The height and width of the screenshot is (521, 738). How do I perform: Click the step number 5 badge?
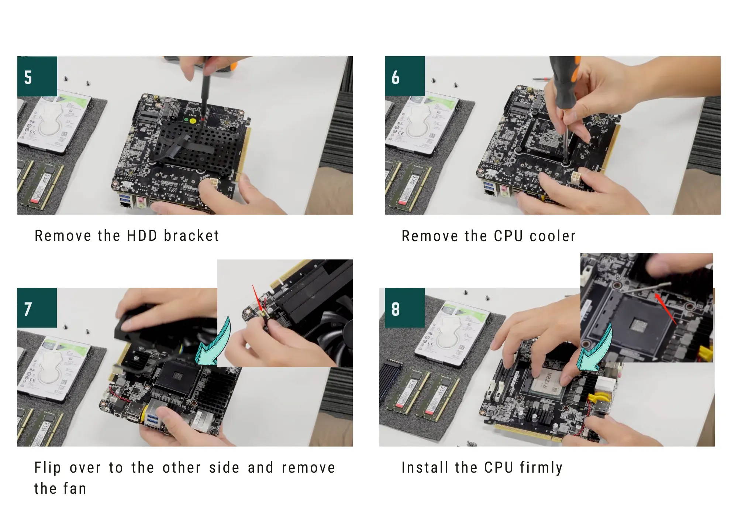37,76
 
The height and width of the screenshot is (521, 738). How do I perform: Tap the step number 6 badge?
405,76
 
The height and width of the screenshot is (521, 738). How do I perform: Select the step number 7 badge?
37,308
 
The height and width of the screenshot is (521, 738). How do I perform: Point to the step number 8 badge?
405,308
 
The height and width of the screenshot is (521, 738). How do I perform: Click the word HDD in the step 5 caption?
142,236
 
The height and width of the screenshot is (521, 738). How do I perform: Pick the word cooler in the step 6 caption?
552,236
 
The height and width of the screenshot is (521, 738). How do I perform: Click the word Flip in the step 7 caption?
48,468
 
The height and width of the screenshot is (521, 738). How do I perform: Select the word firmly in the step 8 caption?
541,468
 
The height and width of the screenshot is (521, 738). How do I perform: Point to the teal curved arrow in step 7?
214,344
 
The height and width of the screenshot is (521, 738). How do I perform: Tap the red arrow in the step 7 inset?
257,299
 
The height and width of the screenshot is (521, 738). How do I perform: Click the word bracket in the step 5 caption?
192,236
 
